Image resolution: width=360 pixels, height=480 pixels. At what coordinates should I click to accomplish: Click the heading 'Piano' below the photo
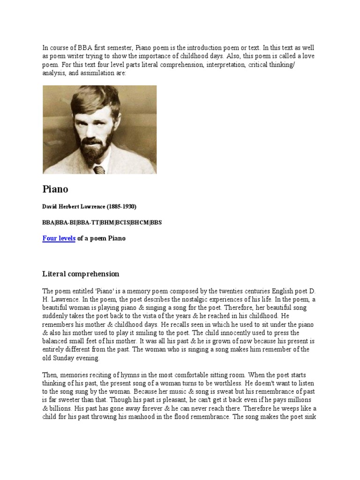click(x=55, y=189)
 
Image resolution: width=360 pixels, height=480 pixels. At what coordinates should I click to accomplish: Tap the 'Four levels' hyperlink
click(x=59, y=238)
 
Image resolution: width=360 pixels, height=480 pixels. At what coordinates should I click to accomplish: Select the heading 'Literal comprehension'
click(x=81, y=274)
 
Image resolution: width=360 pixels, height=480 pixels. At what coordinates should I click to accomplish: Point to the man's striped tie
click(x=99, y=169)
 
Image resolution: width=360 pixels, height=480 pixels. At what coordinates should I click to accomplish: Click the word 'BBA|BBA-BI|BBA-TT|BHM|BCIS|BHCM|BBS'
click(x=102, y=222)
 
